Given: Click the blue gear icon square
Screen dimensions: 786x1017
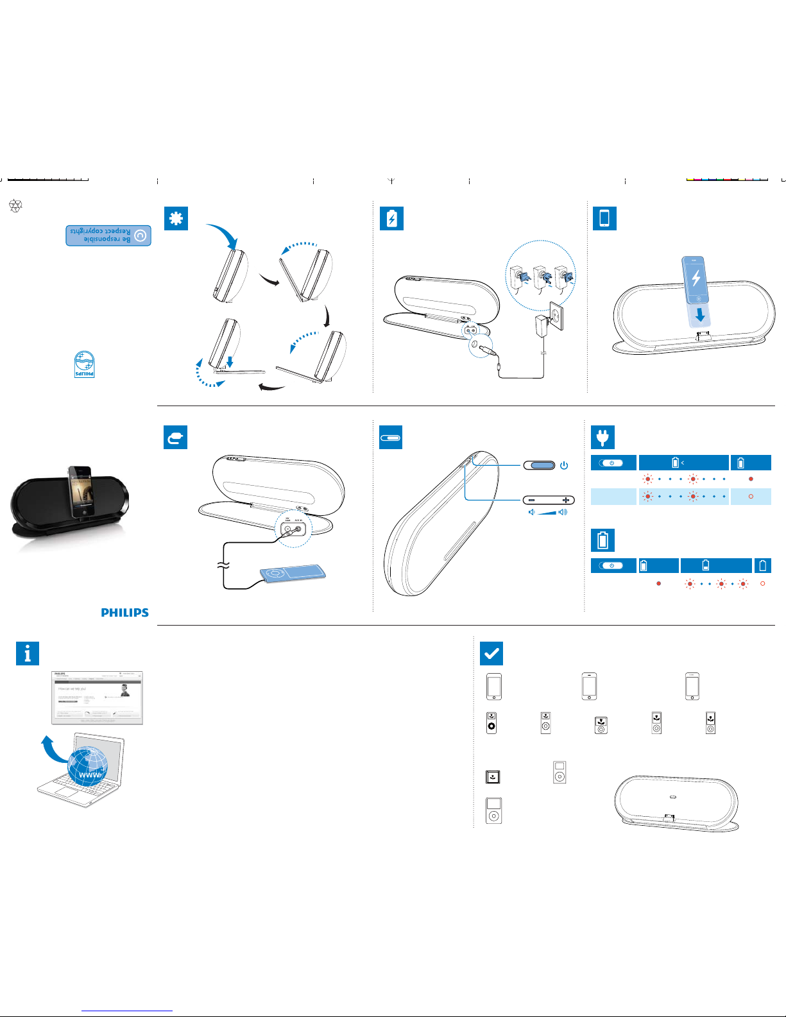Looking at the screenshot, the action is point(176,219).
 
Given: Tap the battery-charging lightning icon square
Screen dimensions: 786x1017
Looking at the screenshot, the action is point(391,219).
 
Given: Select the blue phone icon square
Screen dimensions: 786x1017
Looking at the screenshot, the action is point(604,219).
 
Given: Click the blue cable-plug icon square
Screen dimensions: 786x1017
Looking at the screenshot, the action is point(175,438).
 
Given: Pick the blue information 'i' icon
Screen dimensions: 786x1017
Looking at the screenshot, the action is point(28,654).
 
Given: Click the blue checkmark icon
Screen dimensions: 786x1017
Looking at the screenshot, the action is point(491,654).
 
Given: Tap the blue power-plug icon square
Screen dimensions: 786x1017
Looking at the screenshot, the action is point(602,438).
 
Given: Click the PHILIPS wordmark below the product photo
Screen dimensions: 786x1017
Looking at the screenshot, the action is point(124,613).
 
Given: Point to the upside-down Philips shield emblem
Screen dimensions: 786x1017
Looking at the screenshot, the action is point(85,364).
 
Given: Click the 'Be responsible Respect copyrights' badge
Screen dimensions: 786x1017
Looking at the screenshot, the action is point(108,235).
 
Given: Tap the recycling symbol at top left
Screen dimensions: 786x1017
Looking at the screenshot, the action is point(15,206).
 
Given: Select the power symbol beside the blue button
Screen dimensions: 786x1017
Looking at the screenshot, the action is point(564,466).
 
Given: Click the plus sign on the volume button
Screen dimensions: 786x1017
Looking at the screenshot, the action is point(565,500).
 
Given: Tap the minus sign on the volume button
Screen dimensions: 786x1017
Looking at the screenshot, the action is point(532,500).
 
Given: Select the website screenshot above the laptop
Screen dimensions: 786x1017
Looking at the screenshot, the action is point(97,697).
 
